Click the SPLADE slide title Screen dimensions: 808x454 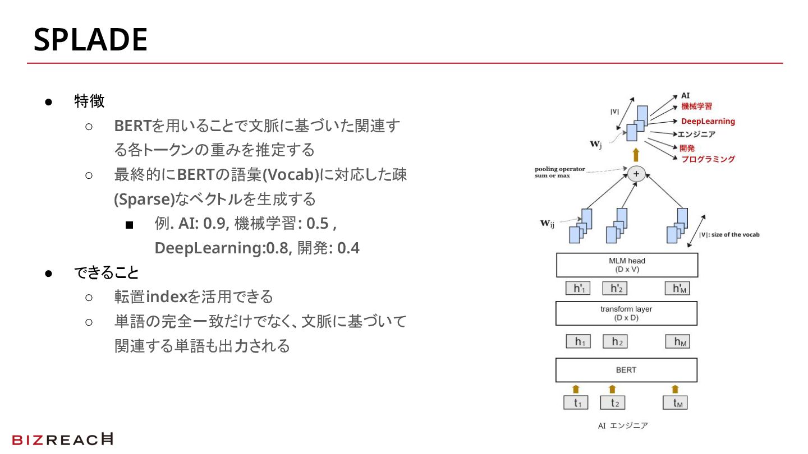(x=90, y=40)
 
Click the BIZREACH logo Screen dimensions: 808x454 (x=62, y=439)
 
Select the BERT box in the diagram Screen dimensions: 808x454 (x=626, y=370)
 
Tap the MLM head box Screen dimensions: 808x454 (x=627, y=265)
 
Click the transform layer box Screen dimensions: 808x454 (x=626, y=313)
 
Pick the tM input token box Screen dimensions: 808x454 (x=675, y=402)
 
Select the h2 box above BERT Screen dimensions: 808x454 (x=615, y=341)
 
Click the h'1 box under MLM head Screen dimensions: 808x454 (x=579, y=289)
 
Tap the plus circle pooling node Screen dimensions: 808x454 (x=636, y=174)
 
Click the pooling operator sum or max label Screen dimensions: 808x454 (x=559, y=172)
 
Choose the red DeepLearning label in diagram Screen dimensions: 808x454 (x=708, y=121)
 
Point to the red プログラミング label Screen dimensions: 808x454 (x=708, y=159)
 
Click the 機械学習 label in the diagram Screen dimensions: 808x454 (x=696, y=106)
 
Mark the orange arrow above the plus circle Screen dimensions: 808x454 (x=636, y=155)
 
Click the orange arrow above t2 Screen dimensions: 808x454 (x=612, y=389)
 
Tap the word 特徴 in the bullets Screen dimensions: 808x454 (x=89, y=101)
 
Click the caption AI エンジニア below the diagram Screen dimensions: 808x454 (x=623, y=425)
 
